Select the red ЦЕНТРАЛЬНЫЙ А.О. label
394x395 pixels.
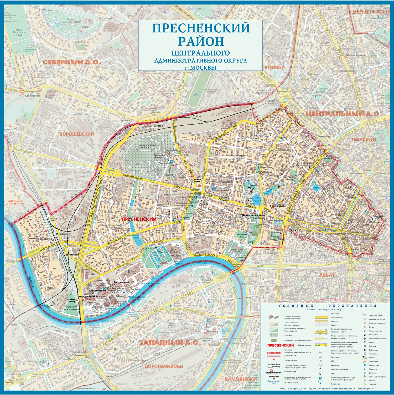point(343,114)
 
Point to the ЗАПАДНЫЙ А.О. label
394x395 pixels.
point(170,343)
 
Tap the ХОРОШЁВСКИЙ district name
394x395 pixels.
point(76,134)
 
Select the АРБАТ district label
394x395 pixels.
point(327,275)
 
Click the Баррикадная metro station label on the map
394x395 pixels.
point(278,206)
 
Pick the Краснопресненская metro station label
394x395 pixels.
point(253,215)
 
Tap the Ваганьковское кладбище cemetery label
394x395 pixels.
point(148,146)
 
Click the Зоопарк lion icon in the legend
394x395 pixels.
point(365,357)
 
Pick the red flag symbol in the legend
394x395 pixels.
point(273,360)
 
